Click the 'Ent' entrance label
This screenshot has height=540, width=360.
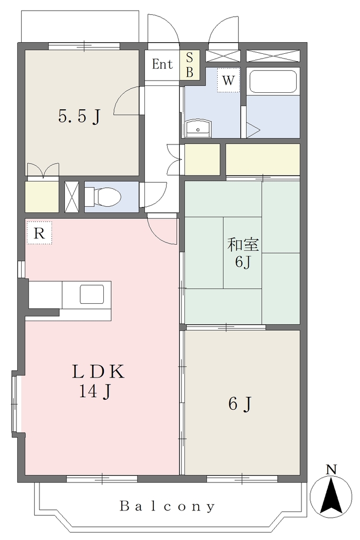[162, 64]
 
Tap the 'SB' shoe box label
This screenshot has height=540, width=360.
[190, 65]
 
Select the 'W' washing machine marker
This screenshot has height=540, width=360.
[228, 81]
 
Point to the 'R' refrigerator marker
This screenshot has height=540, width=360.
[39, 234]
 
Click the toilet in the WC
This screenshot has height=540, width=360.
[103, 197]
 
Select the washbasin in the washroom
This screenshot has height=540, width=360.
[198, 129]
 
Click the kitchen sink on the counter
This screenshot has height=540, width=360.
[92, 294]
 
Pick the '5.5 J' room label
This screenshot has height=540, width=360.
[80, 116]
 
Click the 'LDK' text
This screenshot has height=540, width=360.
[99, 372]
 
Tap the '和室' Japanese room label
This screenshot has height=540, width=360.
[243, 245]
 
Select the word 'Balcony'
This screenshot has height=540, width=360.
[167, 506]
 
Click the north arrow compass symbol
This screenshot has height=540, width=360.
[331, 496]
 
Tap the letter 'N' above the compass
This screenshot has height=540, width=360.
[331, 469]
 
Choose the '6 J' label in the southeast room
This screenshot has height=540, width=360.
[240, 403]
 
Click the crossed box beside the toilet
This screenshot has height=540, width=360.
[72, 197]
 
